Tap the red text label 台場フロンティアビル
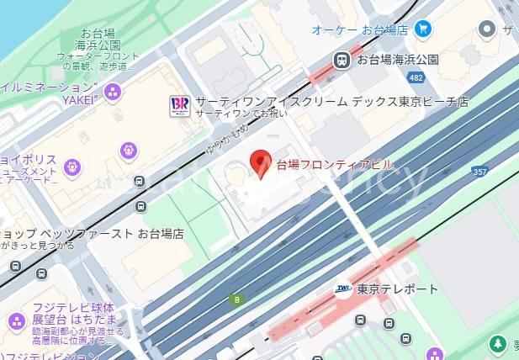[334, 165]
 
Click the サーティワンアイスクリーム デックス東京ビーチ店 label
[331, 102]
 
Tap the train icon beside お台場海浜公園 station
[342, 60]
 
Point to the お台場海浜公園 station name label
[397, 60]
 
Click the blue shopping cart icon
[423, 29]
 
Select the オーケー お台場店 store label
[360, 29]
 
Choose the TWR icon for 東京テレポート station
[342, 289]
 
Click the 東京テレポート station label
[397, 289]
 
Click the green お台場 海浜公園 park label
[94, 40]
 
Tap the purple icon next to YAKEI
[113, 91]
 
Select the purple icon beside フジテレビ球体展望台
[16, 321]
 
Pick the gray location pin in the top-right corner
[486, 29]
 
